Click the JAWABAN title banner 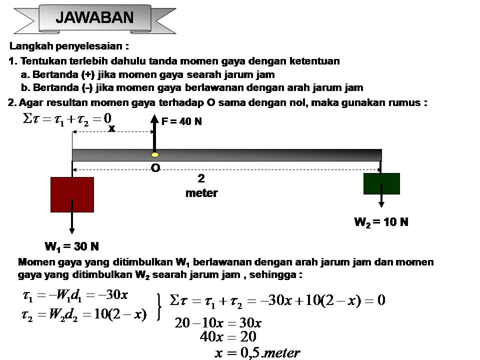(x=95, y=18)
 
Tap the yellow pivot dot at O (x=155, y=154)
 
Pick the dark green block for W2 (x=381, y=183)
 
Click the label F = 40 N (x=181, y=121)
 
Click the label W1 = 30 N (x=71, y=246)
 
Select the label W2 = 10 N (x=381, y=222)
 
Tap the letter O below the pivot (x=155, y=168)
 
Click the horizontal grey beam (x=250, y=155)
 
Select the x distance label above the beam (x=111, y=128)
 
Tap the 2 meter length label (x=201, y=185)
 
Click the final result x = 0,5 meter (x=257, y=352)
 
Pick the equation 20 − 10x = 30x (x=218, y=322)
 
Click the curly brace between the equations (x=159, y=306)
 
